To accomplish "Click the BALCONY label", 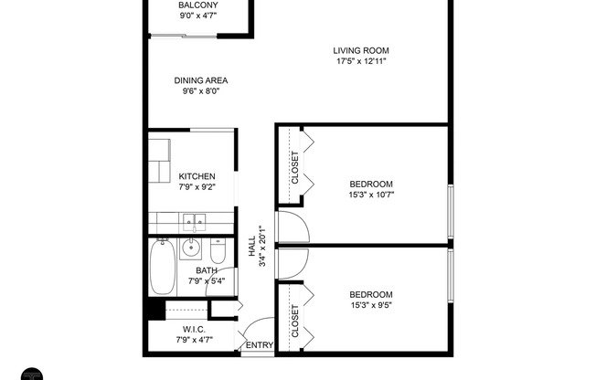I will click(x=197, y=5).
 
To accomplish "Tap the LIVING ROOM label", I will click(x=361, y=50).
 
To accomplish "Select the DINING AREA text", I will click(x=201, y=80).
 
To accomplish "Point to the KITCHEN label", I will click(x=197, y=176).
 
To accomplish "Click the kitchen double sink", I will click(x=193, y=220).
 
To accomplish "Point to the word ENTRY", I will click(x=260, y=344).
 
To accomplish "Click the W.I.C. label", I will click(x=193, y=329).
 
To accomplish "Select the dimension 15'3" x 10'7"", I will click(x=370, y=194).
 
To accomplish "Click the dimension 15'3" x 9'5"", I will click(x=370, y=305).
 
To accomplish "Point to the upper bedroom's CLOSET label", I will click(x=295, y=167).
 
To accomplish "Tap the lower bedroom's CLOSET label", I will click(x=295, y=321).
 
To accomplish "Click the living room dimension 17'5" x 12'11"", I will click(x=361, y=61).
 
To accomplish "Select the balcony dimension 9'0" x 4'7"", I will click(x=197, y=16).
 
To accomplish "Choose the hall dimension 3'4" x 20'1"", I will click(x=262, y=247).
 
